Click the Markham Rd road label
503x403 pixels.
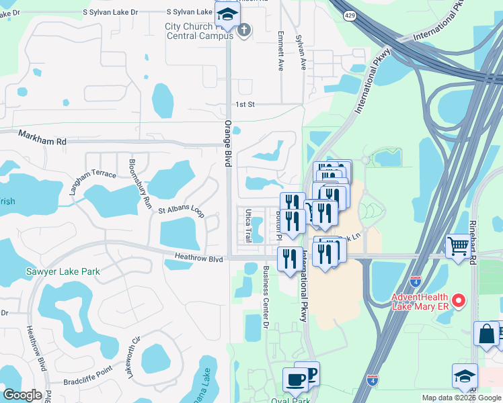[42, 142]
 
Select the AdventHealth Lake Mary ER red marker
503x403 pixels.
[459, 300]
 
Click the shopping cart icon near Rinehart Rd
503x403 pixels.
[459, 246]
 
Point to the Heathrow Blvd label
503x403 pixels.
[198, 258]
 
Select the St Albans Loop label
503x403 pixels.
[181, 210]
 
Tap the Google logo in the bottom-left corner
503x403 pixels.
[22, 395]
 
